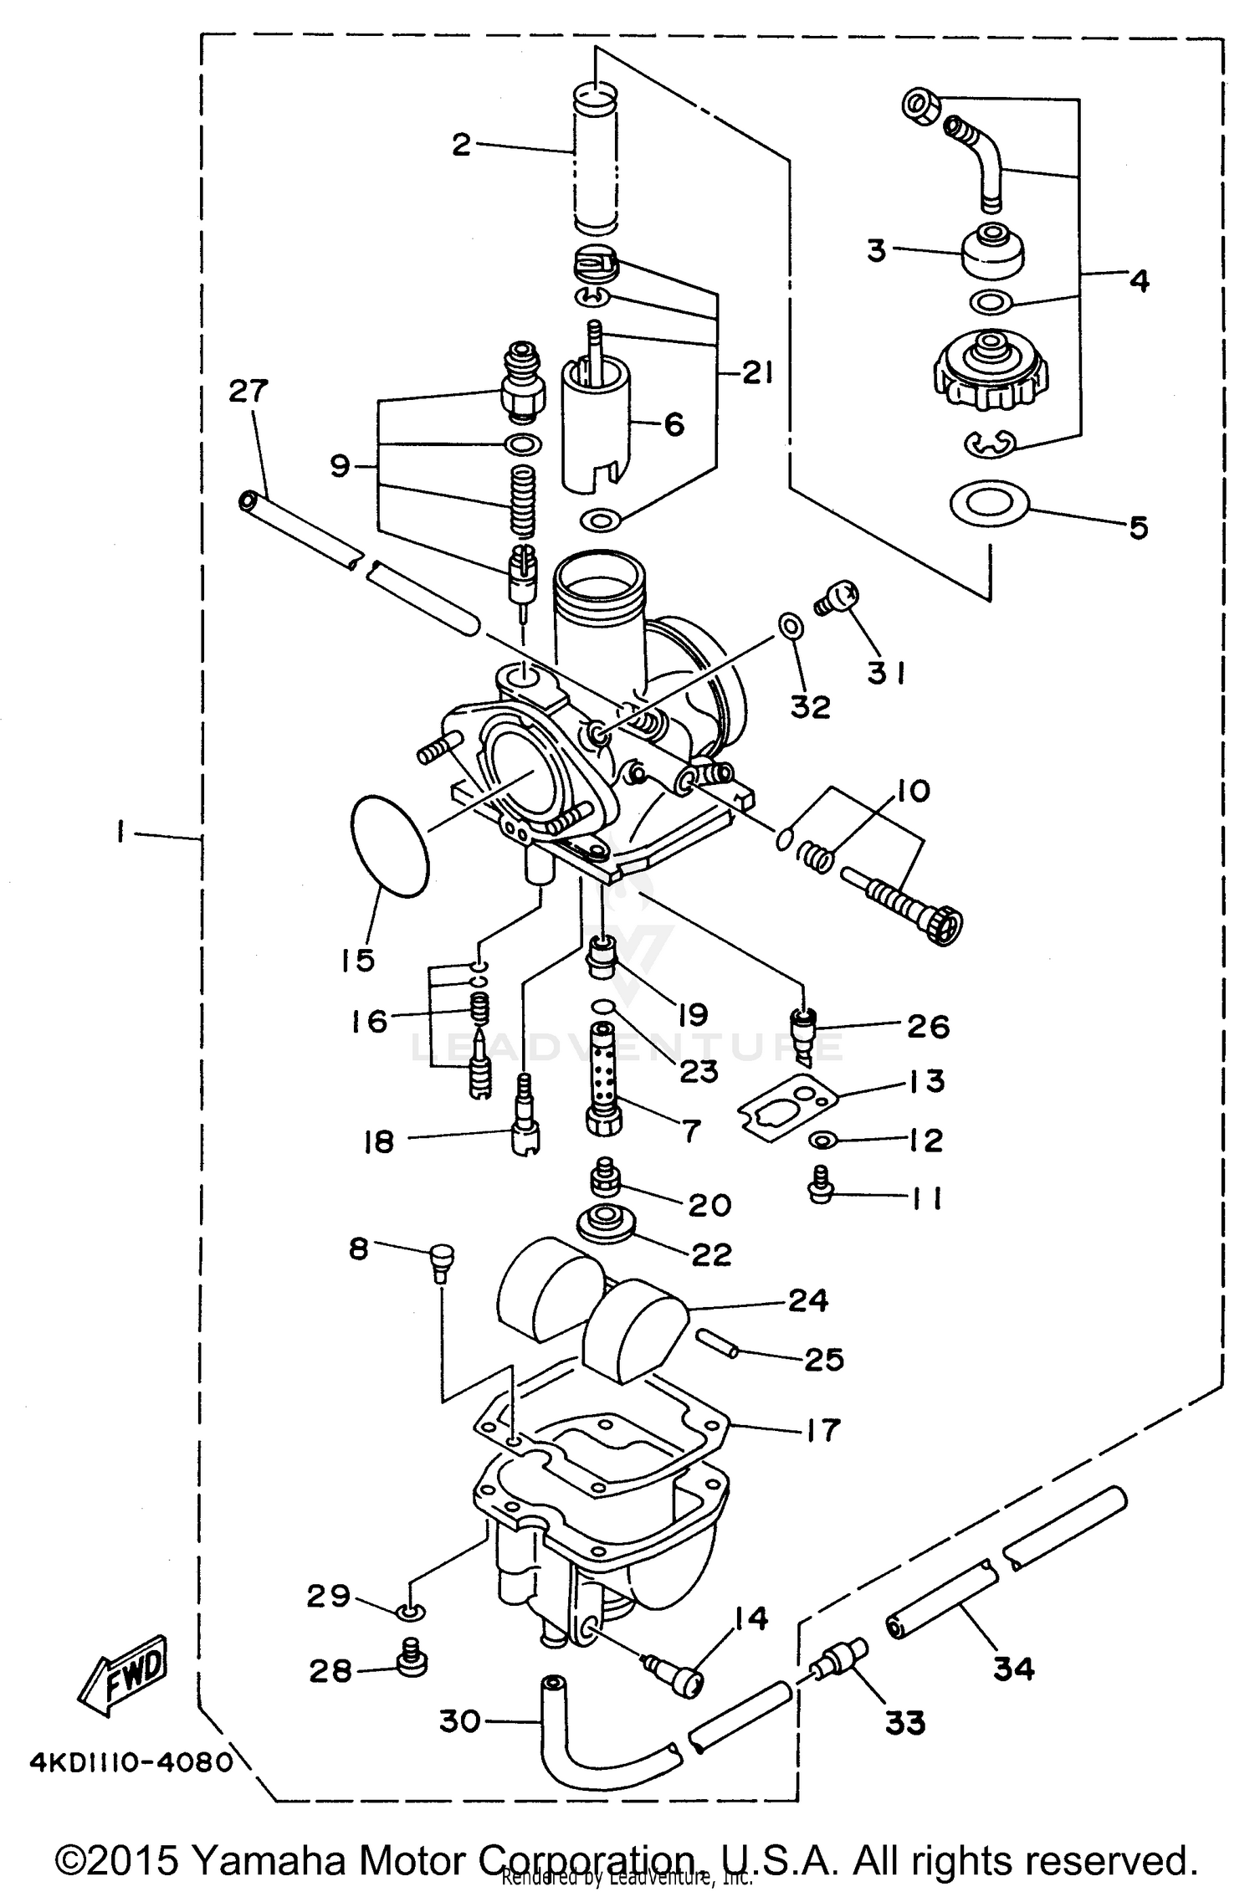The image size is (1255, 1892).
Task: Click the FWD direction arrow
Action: (x=124, y=1672)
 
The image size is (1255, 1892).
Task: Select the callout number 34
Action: (x=1014, y=1669)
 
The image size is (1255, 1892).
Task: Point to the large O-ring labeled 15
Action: (x=390, y=846)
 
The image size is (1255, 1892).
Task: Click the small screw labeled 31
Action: (x=837, y=599)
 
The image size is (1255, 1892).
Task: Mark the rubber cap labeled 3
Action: (x=991, y=252)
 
